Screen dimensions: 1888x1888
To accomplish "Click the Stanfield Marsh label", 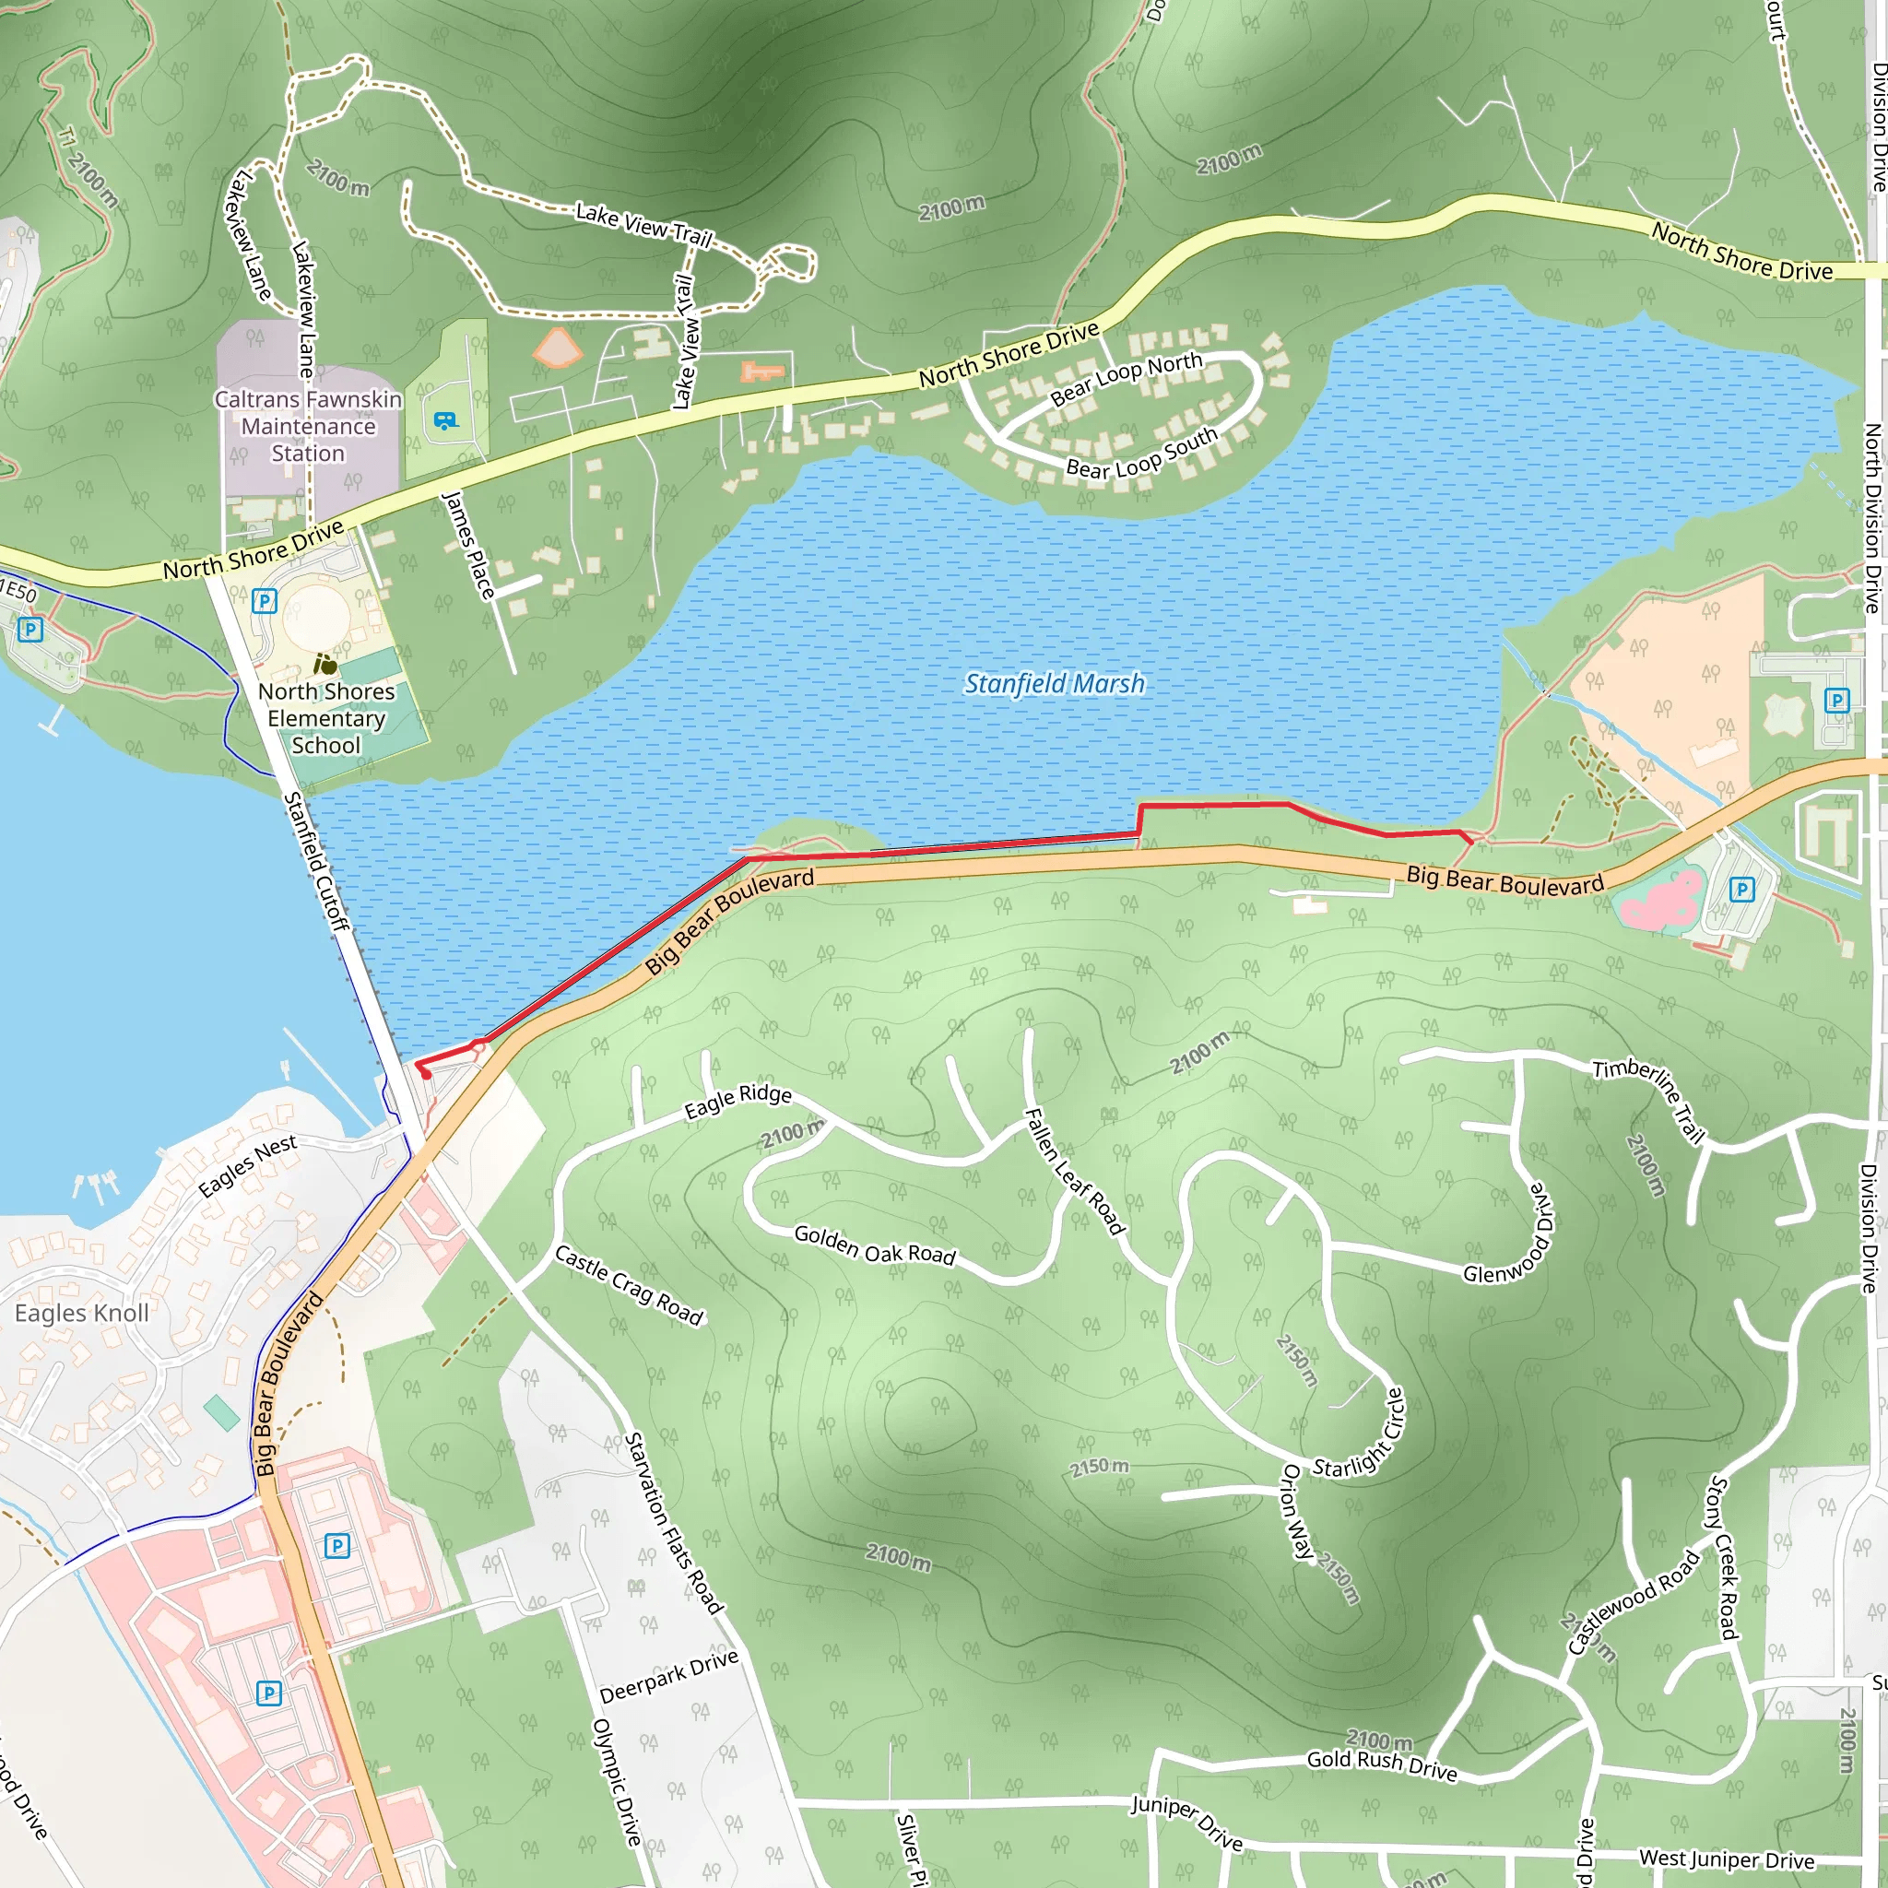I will tap(1054, 683).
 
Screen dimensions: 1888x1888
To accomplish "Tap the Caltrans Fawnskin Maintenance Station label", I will tap(308, 426).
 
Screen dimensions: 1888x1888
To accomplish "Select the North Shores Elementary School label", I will tap(326, 718).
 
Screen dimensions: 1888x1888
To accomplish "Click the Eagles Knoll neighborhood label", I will tap(81, 1313).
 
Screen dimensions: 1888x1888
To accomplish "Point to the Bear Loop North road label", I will tap(1126, 379).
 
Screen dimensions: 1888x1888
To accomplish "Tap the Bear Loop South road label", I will tap(1141, 454).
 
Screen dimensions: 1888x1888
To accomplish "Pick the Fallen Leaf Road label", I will tap(1074, 1172).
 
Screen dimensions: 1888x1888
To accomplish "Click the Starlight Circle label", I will tap(1358, 1434).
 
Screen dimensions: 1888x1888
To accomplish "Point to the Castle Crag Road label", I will tap(629, 1285).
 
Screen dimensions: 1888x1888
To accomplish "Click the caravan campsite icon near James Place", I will tap(444, 421).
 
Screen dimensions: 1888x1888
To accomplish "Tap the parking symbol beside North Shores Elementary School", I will tap(264, 601).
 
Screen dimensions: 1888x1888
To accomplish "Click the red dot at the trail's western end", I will tap(425, 1074).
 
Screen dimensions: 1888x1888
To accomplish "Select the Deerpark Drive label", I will tap(668, 1677).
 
